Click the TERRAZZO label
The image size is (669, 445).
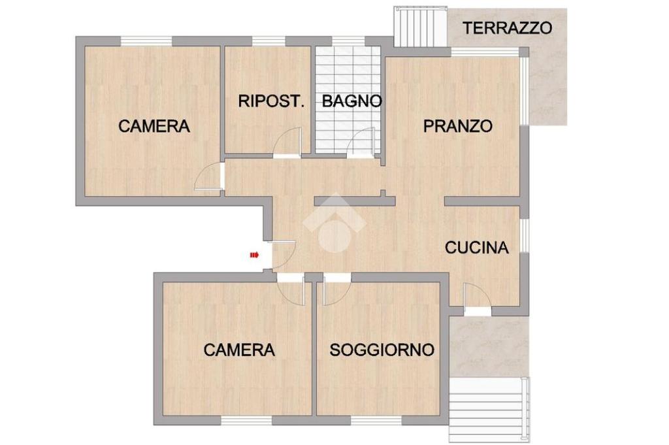[x=507, y=28]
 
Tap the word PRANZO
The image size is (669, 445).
[x=458, y=126]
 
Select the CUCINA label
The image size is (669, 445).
[x=476, y=248]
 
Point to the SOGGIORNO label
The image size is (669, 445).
[x=382, y=350]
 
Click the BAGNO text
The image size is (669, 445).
[x=351, y=101]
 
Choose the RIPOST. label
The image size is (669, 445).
[x=271, y=101]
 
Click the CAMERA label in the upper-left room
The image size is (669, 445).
[x=154, y=126]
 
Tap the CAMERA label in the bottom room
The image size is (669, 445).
[x=239, y=350]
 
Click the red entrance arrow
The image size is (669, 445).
[x=254, y=255]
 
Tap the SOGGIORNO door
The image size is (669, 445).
[x=337, y=290]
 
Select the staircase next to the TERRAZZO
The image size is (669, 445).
[x=421, y=26]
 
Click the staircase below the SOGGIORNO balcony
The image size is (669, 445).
[x=489, y=410]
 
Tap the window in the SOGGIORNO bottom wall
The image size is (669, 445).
[x=376, y=421]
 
